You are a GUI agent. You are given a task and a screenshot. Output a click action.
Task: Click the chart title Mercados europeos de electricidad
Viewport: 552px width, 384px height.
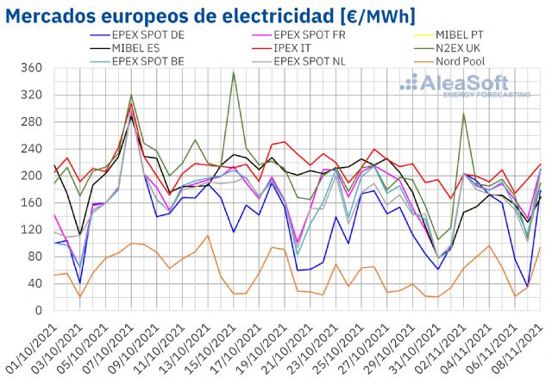(x=212, y=15)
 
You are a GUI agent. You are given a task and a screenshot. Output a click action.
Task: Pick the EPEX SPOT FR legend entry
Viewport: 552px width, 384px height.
(x=310, y=35)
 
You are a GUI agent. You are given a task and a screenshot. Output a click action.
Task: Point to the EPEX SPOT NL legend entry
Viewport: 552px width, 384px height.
(x=310, y=61)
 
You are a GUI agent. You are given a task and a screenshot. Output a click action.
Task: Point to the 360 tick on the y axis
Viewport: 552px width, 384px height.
(x=32, y=69)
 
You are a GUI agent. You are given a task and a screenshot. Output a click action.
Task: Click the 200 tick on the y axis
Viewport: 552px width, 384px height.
(x=32, y=176)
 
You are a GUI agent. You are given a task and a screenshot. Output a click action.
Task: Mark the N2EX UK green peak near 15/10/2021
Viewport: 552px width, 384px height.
(x=233, y=73)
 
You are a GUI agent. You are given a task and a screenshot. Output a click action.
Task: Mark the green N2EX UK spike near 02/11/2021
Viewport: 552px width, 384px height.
(x=464, y=115)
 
